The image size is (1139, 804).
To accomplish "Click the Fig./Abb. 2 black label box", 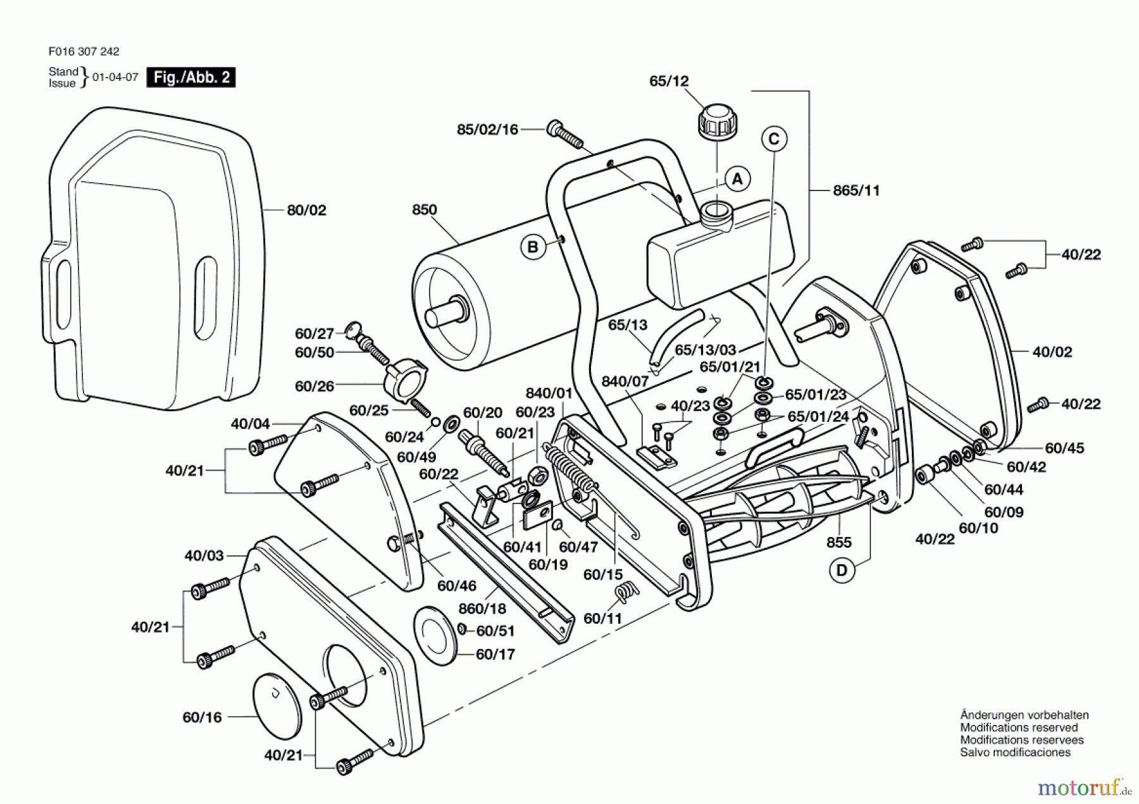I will coord(191,78).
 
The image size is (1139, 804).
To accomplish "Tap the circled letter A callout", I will coord(737,179).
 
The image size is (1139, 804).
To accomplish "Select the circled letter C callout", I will coord(774,139).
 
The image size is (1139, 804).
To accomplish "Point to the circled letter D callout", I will coord(842,571).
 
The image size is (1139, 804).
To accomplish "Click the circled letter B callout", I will coord(533,247).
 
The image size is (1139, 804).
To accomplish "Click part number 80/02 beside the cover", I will coord(306,211).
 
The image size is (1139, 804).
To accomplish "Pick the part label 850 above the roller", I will coord(424,210).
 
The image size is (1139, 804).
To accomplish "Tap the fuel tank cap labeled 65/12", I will coord(717,121).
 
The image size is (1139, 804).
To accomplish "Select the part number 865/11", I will coord(856,190).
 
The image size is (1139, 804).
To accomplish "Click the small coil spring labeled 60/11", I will coord(626,593).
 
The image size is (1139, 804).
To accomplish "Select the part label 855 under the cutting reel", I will coord(838,542).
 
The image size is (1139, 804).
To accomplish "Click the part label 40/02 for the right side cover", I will coord(1052,352).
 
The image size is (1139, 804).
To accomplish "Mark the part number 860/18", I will coord(482,609).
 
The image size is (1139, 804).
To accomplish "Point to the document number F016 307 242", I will coord(84,52).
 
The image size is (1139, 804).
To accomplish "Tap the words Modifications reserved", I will coord(1018,727).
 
